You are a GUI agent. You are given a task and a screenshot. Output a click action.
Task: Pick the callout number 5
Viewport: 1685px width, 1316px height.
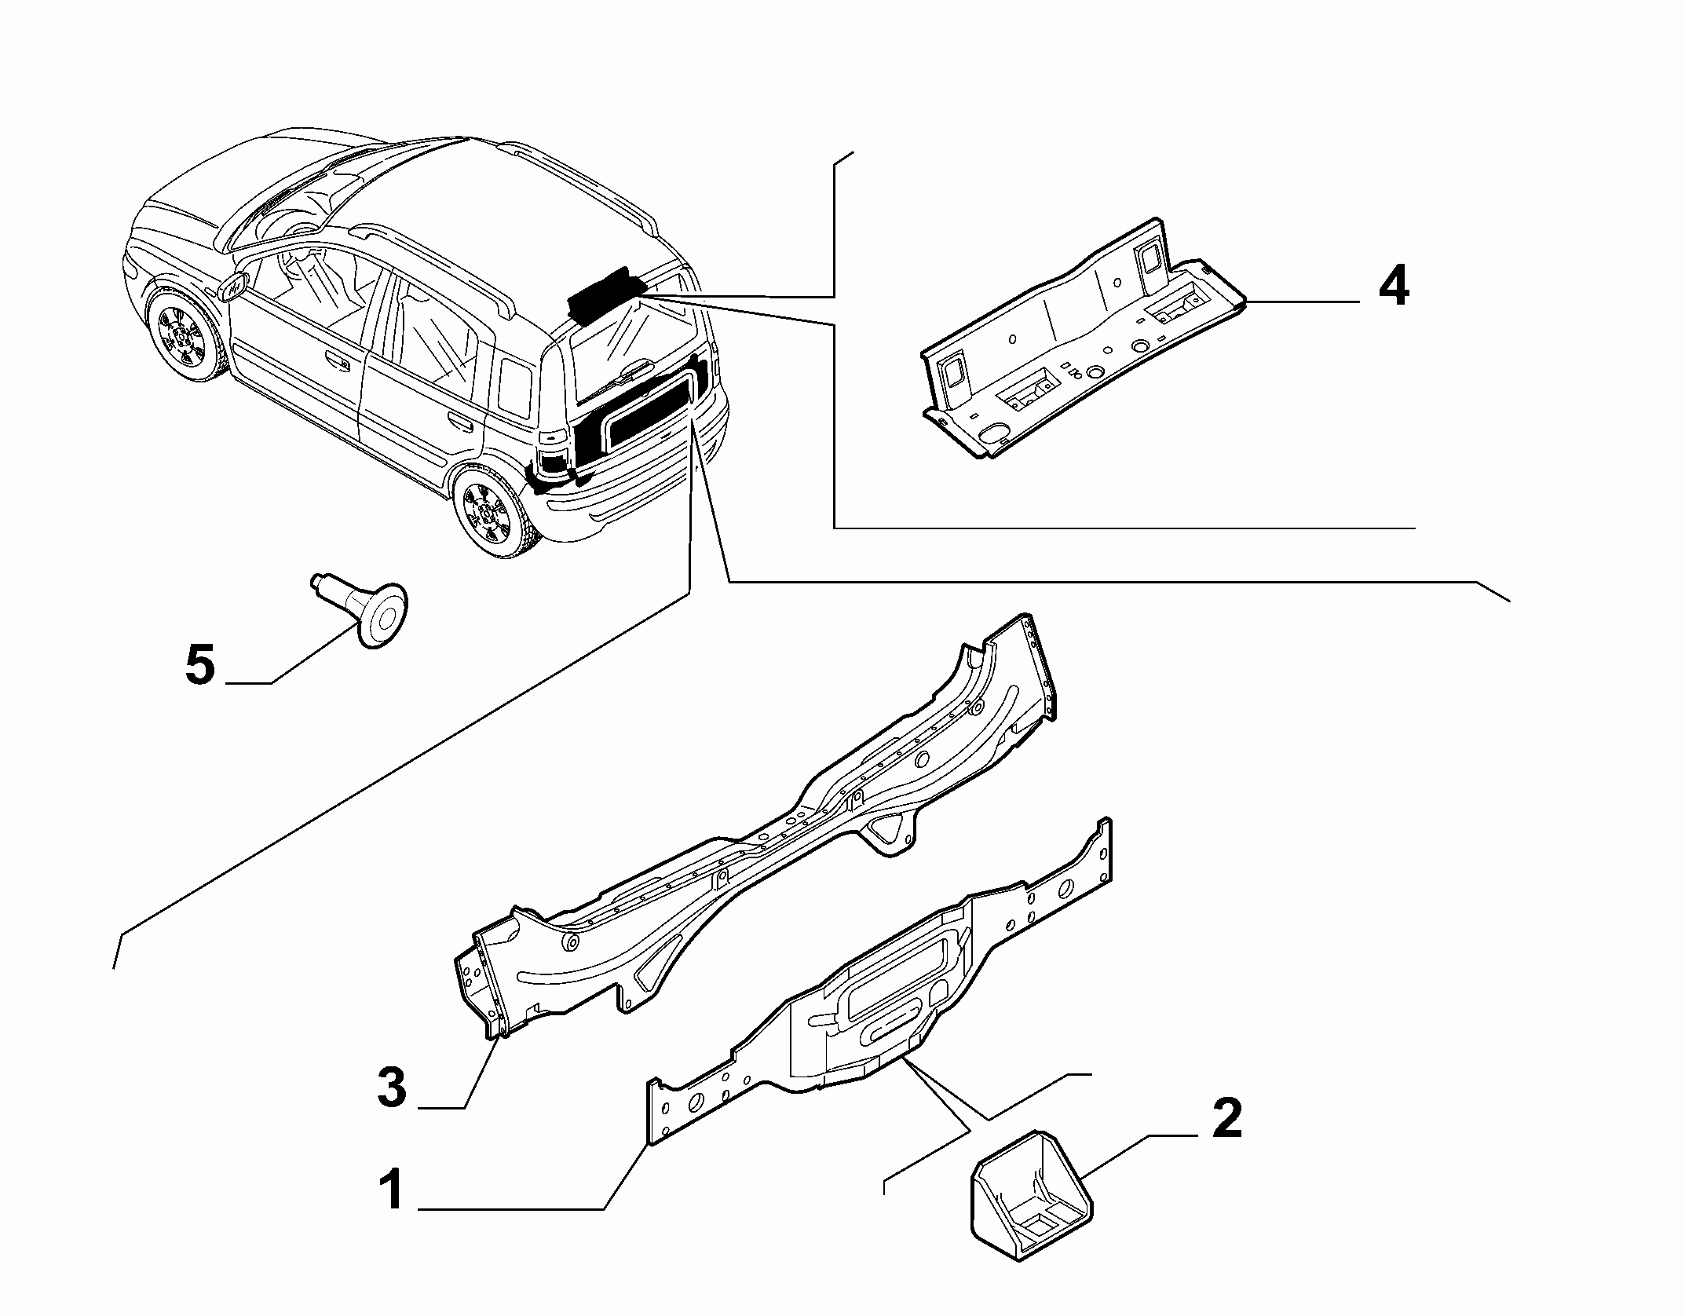click(x=200, y=664)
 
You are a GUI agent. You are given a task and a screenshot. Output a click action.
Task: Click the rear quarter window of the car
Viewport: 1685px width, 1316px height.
click(x=515, y=389)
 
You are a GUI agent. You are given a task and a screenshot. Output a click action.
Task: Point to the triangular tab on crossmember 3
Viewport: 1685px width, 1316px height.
click(x=892, y=830)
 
